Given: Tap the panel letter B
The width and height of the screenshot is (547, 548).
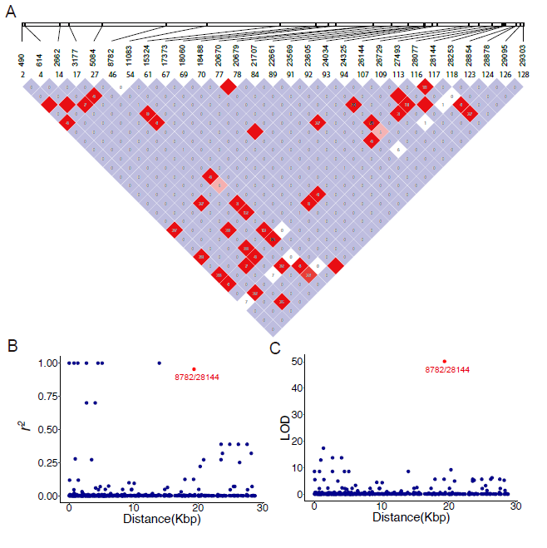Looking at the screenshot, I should pos(12,345).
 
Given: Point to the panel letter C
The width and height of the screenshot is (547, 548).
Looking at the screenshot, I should pos(276,345).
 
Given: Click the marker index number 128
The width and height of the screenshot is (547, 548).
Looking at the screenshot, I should pos(522,74).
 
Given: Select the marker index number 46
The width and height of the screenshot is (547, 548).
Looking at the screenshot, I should pos(111,74).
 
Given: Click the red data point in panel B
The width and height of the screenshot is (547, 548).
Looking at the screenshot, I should pos(194,369).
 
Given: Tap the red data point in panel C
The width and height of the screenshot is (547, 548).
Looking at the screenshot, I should pos(445,362).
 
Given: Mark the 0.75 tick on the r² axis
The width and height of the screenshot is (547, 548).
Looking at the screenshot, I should pos(47,396).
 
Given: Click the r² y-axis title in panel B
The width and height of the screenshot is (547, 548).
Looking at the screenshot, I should pos(27,429).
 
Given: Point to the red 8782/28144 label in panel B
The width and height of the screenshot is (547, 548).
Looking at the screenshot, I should pos(194,378).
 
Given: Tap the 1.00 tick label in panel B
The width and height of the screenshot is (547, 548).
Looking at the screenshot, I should pos(47,363).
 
